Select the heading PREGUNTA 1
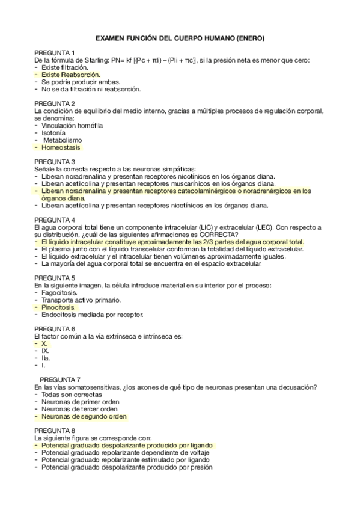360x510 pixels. pyautogui.click(x=55, y=53)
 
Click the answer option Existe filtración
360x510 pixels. pyautogui.click(x=66, y=67)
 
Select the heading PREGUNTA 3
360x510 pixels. pyautogui.click(x=55, y=162)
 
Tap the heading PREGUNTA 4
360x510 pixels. pyautogui.click(x=55, y=220)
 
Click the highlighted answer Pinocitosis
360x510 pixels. pyautogui.click(x=59, y=307)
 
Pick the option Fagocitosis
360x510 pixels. pyautogui.click(x=59, y=292)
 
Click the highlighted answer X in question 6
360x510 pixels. pyautogui.click(x=44, y=343)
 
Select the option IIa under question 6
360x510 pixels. pyautogui.click(x=46, y=358)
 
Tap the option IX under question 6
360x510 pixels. pyautogui.click(x=45, y=351)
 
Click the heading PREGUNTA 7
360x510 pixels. pyautogui.click(x=60, y=379)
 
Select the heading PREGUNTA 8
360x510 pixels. pyautogui.click(x=55, y=431)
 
